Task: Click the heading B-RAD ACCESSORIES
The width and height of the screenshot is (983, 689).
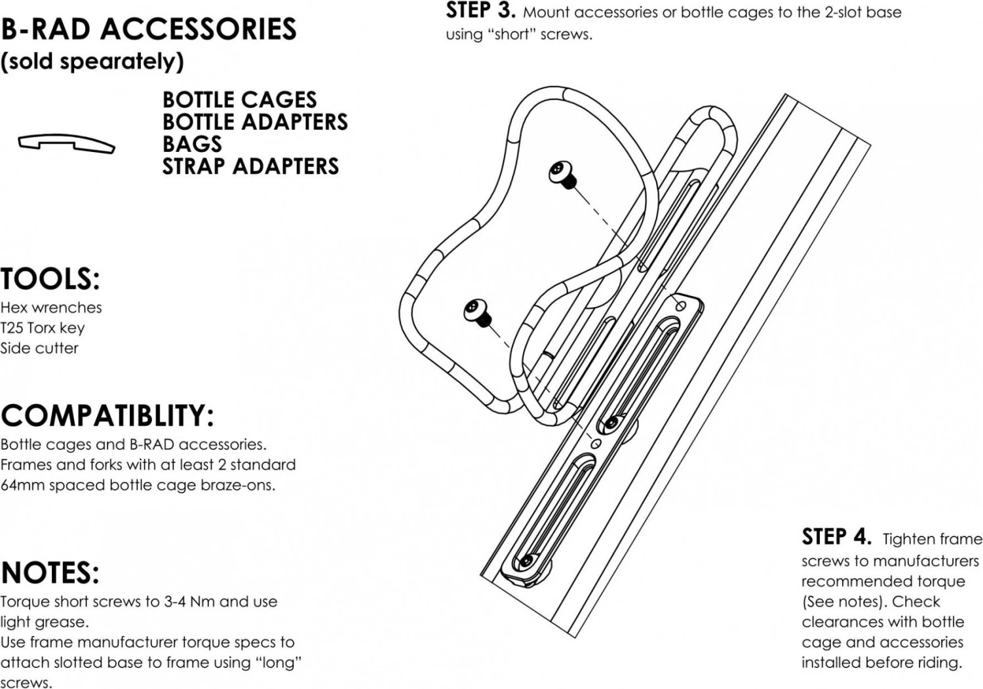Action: point(149,29)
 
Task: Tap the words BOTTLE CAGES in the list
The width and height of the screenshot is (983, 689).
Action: point(239,100)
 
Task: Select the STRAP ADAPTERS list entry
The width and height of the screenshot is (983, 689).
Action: point(250,166)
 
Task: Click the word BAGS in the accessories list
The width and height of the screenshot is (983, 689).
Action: point(192,144)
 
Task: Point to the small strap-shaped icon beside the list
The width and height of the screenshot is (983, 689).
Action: point(66,143)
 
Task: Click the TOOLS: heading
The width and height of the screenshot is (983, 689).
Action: point(50,279)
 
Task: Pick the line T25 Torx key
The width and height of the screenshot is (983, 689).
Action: point(43,327)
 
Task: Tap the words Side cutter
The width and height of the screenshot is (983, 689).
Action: point(39,348)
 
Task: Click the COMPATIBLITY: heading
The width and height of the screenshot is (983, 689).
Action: point(107,416)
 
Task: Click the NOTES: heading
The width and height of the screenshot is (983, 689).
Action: point(50,573)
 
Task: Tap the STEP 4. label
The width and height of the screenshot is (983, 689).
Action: point(836,537)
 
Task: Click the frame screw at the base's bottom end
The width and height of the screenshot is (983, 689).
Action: point(526,561)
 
